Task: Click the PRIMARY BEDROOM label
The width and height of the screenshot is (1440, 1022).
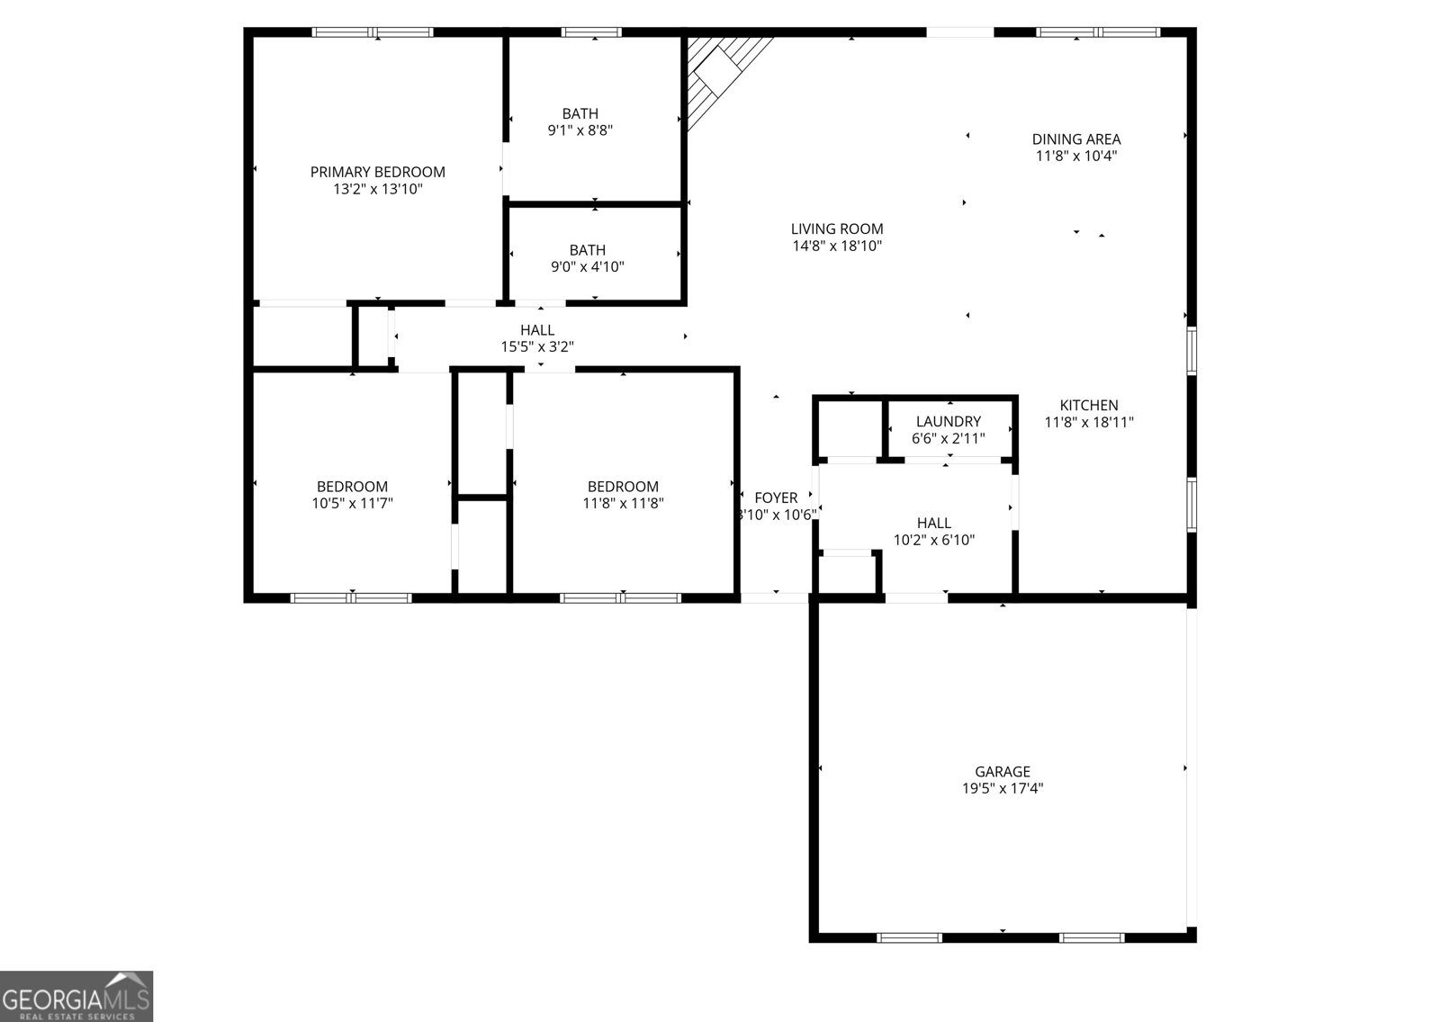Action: pos(377,172)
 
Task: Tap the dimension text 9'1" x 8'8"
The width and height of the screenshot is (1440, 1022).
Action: pos(580,130)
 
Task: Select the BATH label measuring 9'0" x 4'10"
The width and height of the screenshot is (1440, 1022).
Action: pos(587,250)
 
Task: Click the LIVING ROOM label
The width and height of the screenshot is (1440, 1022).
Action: pos(836,229)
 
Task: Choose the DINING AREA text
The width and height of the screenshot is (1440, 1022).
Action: pos(1075,139)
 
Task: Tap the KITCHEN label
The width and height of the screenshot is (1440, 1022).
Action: pos(1088,406)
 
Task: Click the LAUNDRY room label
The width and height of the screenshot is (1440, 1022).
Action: pos(948,422)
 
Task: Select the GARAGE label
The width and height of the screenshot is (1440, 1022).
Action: pos(1002,772)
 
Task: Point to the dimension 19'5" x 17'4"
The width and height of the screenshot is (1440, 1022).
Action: pos(1002,789)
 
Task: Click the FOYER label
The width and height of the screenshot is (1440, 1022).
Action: pos(775,498)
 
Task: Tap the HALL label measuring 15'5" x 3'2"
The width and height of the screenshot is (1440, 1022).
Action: pos(536,330)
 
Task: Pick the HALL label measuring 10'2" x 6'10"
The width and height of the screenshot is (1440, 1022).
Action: pos(933,524)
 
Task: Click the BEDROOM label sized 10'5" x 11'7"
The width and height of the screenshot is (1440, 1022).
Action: pos(352,487)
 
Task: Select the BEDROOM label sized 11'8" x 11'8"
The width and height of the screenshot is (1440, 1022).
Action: pos(623,487)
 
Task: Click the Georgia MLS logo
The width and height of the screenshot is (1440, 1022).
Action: pos(76,997)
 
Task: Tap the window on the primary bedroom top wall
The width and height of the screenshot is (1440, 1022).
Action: pos(373,32)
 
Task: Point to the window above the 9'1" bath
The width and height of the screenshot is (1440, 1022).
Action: pos(591,32)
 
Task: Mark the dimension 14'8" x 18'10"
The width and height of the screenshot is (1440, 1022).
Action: pos(836,246)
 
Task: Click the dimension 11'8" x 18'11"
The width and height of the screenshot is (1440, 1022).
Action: pos(1088,422)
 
